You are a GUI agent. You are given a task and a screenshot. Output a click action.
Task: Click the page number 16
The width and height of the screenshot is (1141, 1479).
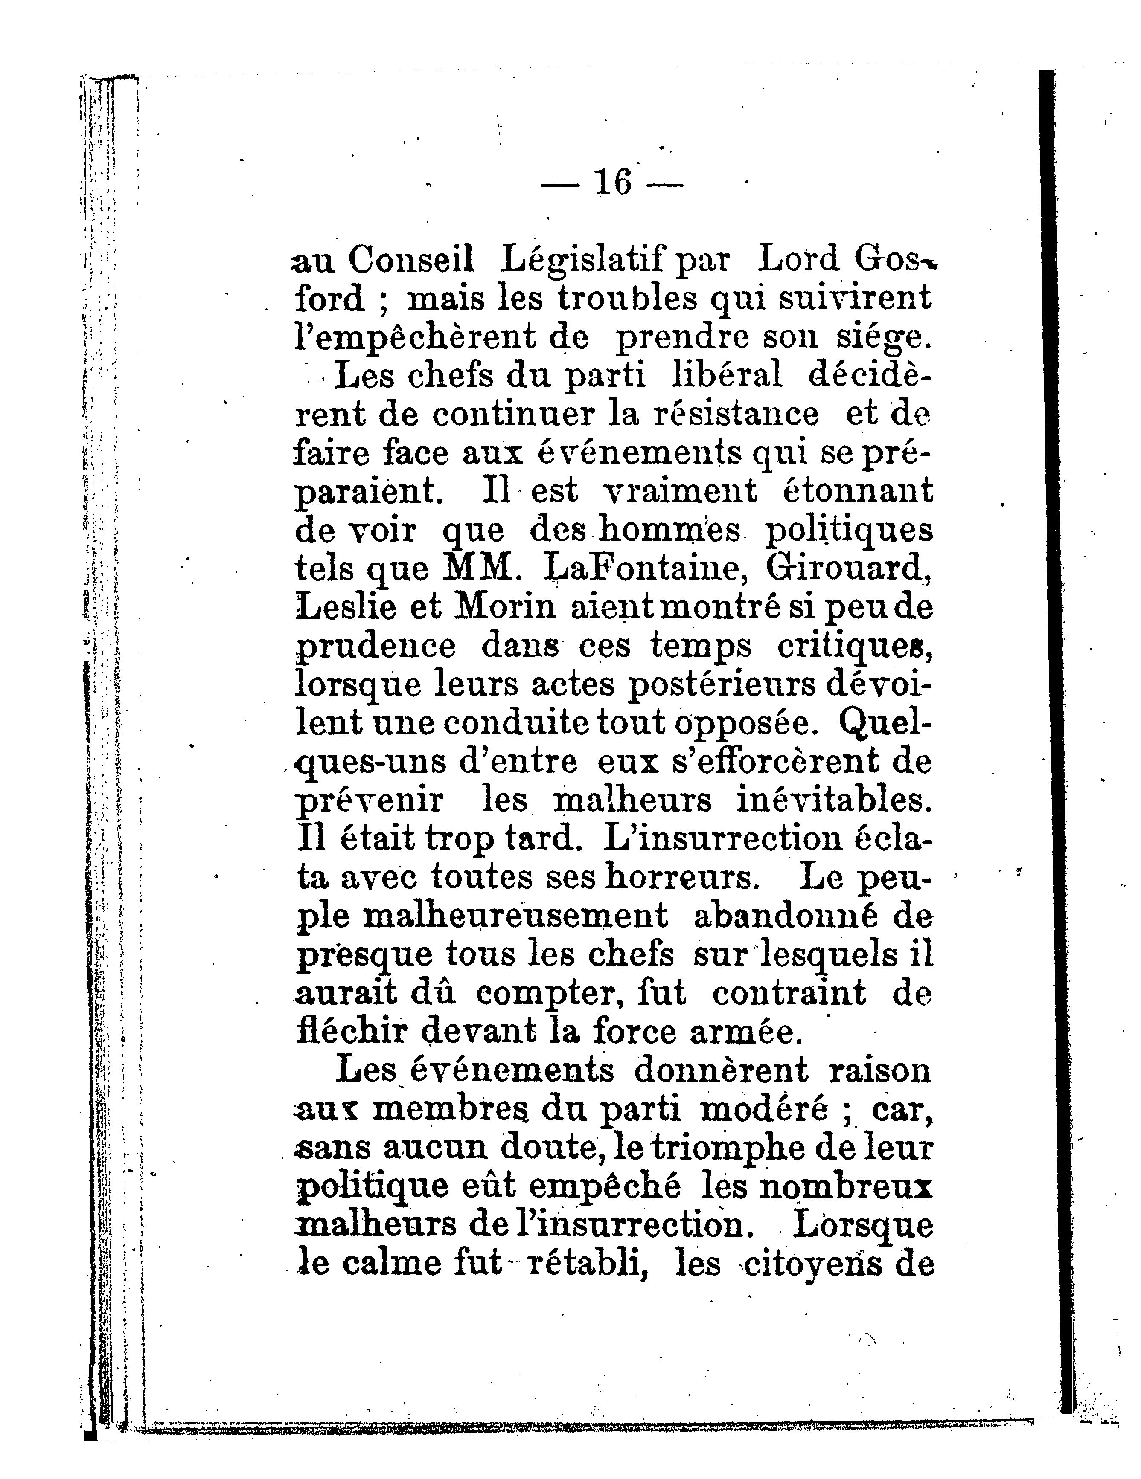[x=612, y=182]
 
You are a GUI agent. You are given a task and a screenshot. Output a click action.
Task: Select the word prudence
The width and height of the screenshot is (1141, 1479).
[x=377, y=647]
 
